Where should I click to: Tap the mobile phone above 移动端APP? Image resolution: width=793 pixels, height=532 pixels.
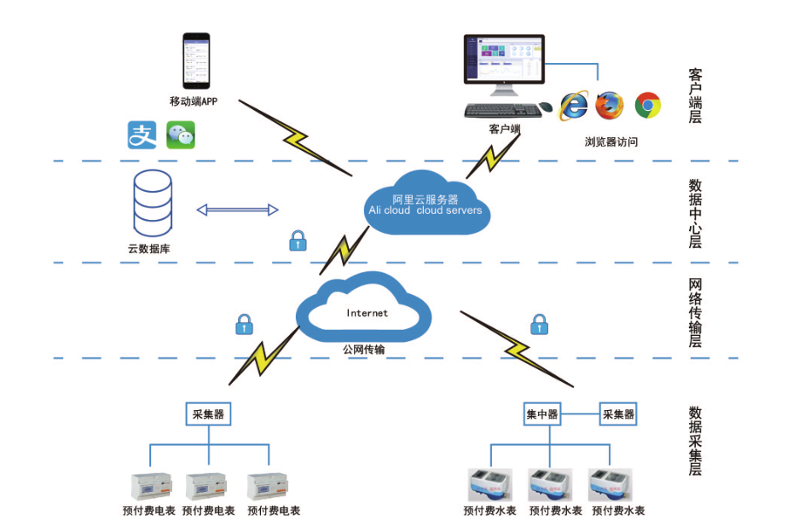coord(196,61)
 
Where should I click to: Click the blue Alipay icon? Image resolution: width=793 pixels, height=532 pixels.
coord(142,135)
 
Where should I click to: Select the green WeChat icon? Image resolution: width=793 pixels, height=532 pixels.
coord(180,135)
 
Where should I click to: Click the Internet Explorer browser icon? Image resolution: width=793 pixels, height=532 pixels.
coord(573,105)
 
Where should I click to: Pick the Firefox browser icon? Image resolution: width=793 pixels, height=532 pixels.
coord(610,105)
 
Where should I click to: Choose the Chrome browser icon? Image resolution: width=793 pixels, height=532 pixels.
coord(648,105)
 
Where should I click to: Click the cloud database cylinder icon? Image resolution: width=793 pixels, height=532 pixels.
coord(153,202)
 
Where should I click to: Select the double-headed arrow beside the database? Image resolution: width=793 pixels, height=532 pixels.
coord(238,210)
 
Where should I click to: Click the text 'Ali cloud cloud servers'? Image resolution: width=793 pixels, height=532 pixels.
coord(425,211)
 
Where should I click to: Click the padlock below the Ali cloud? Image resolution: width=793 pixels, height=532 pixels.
coord(297,240)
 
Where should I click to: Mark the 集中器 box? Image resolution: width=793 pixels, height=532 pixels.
coord(541,414)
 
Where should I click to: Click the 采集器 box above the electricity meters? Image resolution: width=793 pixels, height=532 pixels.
coord(208,414)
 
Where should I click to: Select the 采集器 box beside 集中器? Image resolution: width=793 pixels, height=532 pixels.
coord(618,414)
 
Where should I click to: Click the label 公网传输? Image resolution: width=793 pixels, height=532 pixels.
coord(364,350)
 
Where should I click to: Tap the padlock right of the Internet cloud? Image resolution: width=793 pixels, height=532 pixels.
coord(539,324)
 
